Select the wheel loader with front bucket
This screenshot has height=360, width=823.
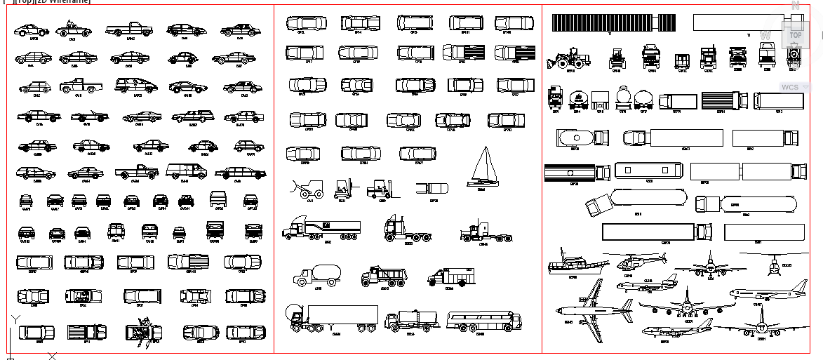pos(569,58)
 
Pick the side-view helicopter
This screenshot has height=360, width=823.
pos(641,261)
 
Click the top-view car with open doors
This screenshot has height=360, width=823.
pos(144,330)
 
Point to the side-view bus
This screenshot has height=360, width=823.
pos(484,321)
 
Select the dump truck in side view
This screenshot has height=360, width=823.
pos(383,276)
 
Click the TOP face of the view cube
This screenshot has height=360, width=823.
pos(795,34)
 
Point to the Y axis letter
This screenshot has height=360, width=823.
pos(15,319)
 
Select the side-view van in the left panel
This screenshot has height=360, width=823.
pos(186,171)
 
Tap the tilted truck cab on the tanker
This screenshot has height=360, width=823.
pos(598,206)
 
